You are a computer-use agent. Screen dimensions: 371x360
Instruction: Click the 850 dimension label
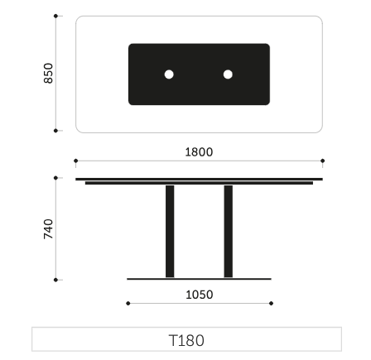[x=48, y=73]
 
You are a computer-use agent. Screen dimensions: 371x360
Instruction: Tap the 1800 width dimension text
[x=199, y=152]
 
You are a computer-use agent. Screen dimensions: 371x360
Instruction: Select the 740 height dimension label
[x=48, y=229]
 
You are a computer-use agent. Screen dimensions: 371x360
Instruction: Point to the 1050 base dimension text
[x=200, y=295]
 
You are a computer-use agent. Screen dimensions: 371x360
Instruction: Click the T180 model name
[x=186, y=340]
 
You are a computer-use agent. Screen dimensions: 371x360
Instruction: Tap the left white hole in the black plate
[x=169, y=74]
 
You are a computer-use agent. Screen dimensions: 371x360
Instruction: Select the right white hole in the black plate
[x=228, y=74]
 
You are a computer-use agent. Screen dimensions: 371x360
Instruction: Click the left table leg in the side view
[x=170, y=232]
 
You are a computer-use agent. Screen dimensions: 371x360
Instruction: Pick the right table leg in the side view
[x=229, y=232]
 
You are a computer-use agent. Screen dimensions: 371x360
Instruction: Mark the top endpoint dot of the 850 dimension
[x=55, y=16]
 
